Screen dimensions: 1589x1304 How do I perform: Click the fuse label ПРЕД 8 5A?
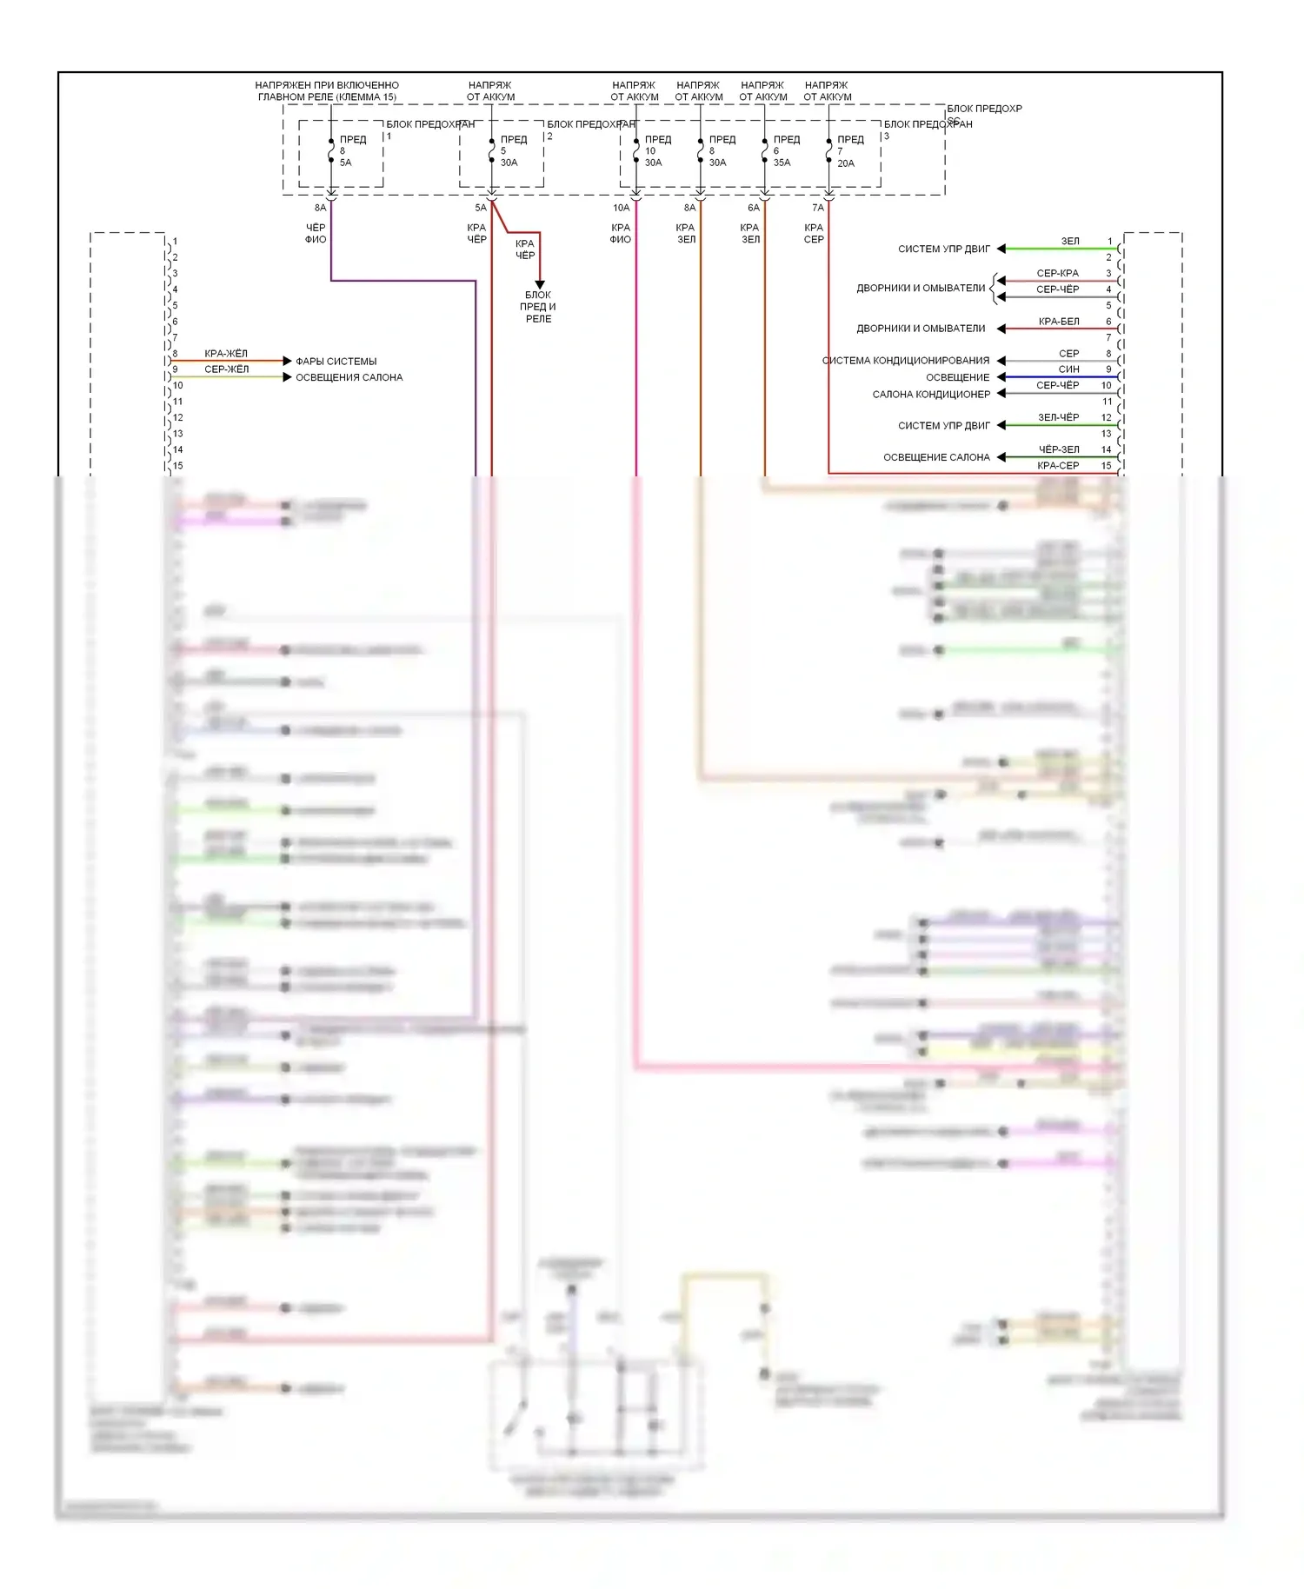click(351, 150)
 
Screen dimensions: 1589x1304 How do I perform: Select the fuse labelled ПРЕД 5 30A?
click(512, 150)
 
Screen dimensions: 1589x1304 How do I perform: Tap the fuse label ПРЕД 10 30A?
click(656, 150)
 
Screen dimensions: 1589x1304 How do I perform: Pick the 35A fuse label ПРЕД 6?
click(785, 150)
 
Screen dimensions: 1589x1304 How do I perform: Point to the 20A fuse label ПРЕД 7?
click(849, 150)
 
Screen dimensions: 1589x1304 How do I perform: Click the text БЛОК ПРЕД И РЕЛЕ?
click(538, 307)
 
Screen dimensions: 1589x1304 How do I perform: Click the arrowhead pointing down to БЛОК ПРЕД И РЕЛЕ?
click(539, 284)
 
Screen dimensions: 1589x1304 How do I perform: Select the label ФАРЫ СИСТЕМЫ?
click(336, 362)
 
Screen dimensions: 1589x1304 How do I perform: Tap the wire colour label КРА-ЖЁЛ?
click(226, 354)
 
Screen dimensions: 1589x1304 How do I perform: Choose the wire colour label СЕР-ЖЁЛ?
click(226, 369)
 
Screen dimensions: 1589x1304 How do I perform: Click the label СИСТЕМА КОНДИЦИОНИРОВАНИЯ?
click(906, 361)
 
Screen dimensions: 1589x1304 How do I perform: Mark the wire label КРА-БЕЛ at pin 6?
click(1058, 322)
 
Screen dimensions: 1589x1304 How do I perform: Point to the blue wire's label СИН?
click(1068, 369)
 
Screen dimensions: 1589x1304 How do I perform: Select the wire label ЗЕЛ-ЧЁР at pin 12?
click(1058, 417)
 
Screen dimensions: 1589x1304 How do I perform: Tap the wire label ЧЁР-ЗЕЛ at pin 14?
click(1058, 449)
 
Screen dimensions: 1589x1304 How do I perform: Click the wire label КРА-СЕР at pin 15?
click(1058, 466)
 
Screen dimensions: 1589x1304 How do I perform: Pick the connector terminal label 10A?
click(621, 208)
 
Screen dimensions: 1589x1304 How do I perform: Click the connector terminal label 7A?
click(817, 208)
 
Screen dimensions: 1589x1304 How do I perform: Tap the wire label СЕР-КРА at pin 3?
click(1057, 273)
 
